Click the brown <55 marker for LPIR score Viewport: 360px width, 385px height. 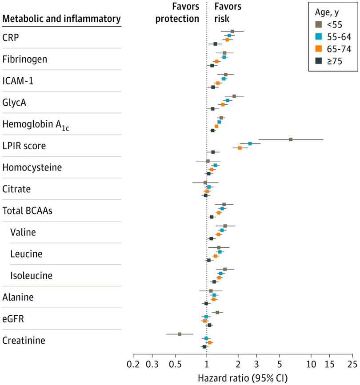coord(291,139)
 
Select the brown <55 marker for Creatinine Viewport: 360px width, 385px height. coord(180,334)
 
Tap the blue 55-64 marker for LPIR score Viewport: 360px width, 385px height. coord(250,143)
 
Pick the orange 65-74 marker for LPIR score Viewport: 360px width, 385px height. coord(240,148)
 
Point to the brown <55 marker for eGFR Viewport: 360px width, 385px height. coord(217,313)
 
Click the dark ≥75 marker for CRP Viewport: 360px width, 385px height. coord(215,44)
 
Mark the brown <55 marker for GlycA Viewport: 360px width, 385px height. coord(234,96)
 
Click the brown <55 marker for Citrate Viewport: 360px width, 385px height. coord(205,183)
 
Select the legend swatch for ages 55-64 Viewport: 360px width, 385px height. coord(319,36)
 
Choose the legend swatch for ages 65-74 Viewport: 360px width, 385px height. coord(319,48)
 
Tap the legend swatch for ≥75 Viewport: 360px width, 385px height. coord(319,61)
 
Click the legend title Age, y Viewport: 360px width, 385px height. coord(327,12)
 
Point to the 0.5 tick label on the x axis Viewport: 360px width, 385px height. coord(176,365)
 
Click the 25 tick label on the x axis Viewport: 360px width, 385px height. coord(352,365)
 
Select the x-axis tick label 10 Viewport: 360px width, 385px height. coord(311,365)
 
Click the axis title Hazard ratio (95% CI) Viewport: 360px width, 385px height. coord(243,378)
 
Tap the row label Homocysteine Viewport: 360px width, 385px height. coord(32,167)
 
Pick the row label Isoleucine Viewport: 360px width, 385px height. coord(31,275)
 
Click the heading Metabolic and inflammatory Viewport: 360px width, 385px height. coord(61,19)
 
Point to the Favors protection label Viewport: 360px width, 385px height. coord(177,12)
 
